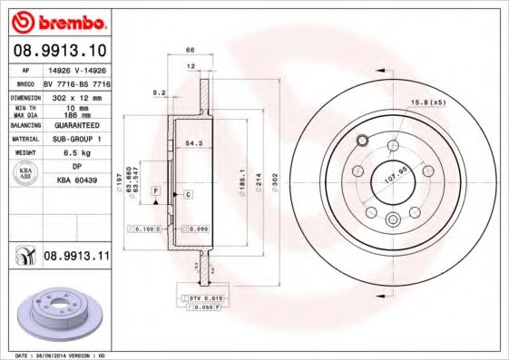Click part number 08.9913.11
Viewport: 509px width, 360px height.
(x=77, y=257)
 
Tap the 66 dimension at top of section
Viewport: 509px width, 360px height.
(x=191, y=50)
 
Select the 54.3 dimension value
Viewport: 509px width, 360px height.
(x=192, y=143)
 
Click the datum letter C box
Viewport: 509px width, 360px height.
(x=188, y=195)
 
